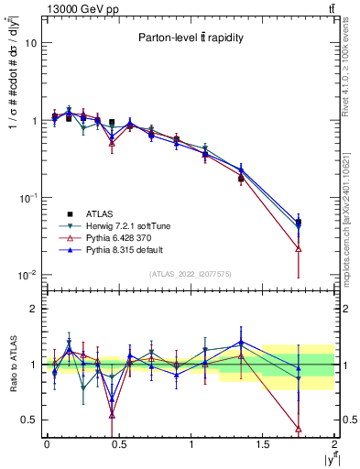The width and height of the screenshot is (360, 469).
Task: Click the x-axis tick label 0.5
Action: click(x=118, y=445)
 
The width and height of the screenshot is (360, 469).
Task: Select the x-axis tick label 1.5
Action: click(x=263, y=445)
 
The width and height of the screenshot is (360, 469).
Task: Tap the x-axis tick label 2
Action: click(x=335, y=445)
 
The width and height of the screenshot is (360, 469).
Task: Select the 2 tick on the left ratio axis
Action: click(x=33, y=310)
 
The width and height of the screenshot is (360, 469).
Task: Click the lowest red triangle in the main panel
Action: click(x=299, y=248)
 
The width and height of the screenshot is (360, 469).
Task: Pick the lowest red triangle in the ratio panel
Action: click(x=299, y=428)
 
